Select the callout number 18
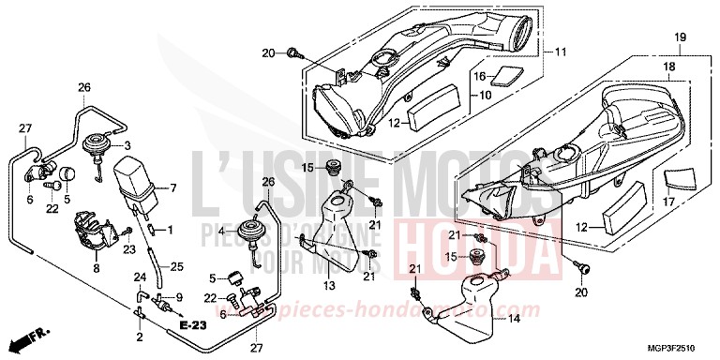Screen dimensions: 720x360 click(667, 67)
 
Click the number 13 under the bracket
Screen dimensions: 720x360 click(329, 285)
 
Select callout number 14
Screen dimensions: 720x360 click(513, 320)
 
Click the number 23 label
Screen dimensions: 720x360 click(127, 248)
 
